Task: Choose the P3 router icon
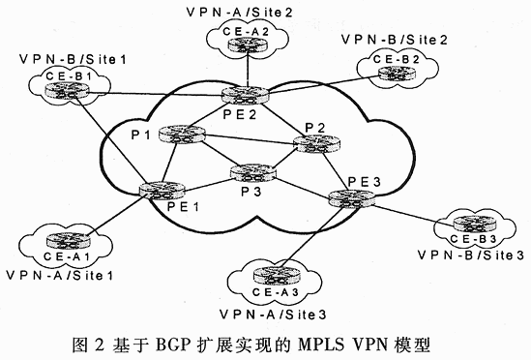point(250,174)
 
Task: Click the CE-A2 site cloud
point(239,37)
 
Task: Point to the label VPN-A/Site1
point(60,274)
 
